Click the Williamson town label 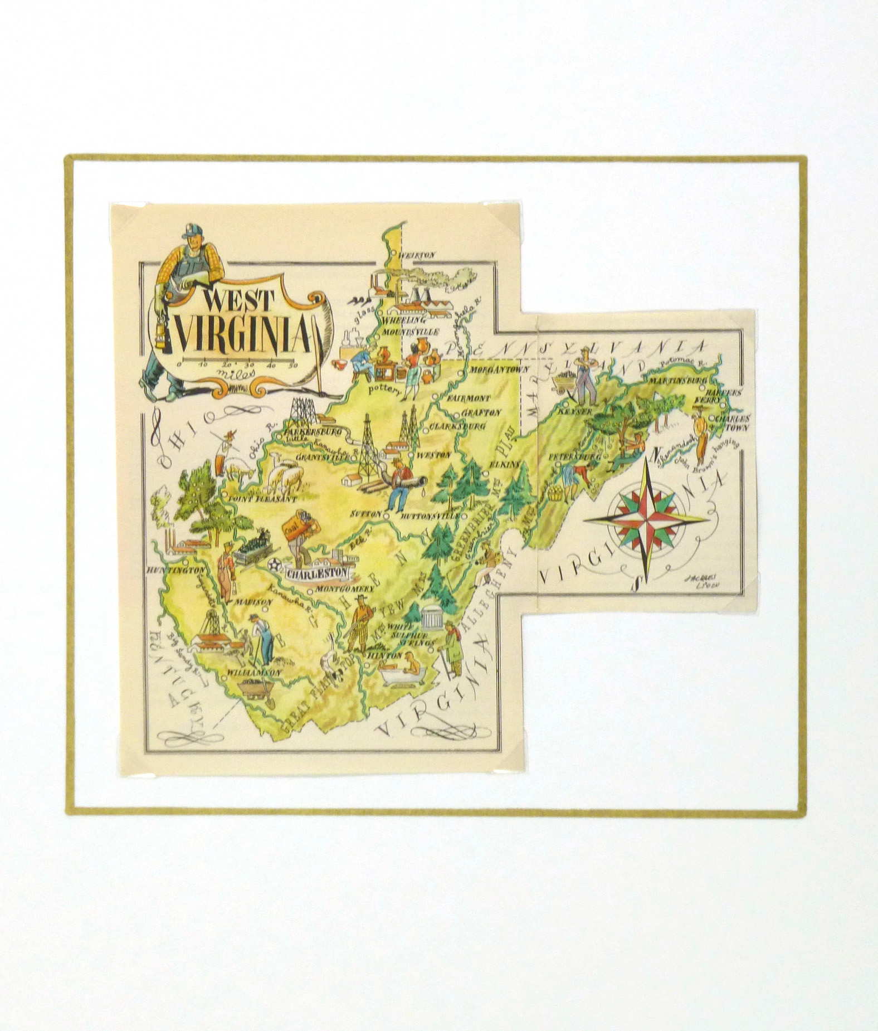tap(254, 673)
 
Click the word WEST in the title tap(238, 301)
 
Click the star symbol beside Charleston tap(274, 565)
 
